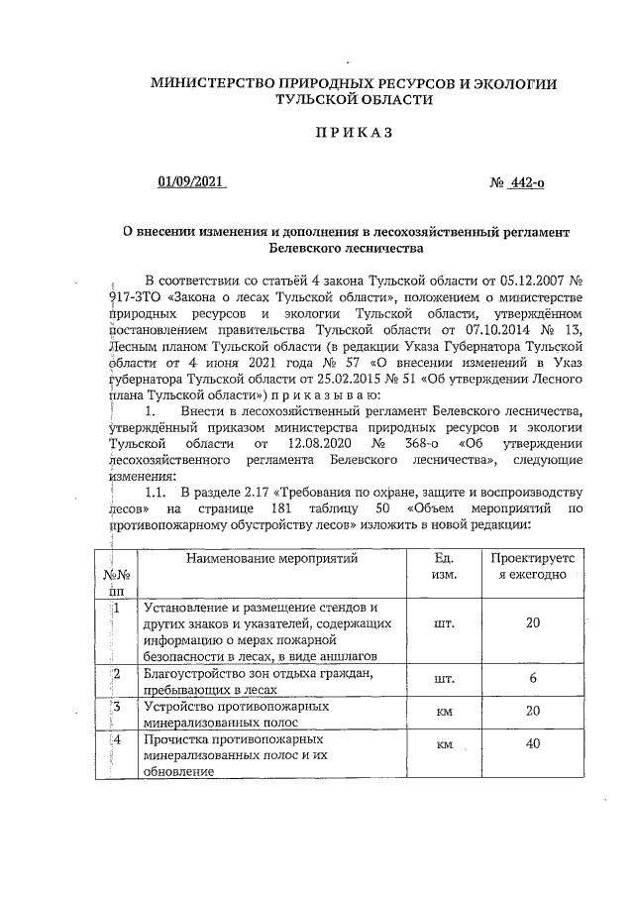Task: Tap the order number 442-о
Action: (x=525, y=182)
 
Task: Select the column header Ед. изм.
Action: (x=444, y=565)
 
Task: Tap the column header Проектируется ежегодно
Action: (x=533, y=565)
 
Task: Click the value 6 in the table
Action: (x=533, y=679)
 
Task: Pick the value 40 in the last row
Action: (x=533, y=743)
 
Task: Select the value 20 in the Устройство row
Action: (x=533, y=712)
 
